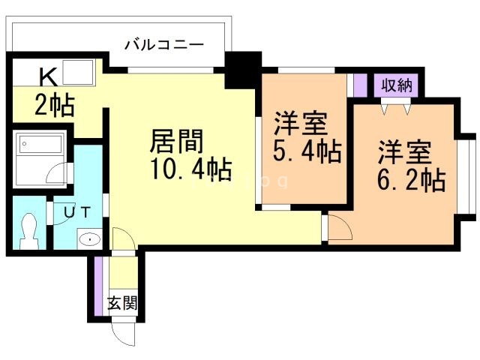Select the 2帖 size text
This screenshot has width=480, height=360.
55,106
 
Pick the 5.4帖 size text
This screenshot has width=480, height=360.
306,151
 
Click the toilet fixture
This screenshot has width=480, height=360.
29,229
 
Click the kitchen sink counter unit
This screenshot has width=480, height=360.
76,73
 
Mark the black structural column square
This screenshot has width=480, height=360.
243,69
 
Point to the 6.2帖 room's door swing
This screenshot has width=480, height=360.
337,226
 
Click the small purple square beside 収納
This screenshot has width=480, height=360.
361,84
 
